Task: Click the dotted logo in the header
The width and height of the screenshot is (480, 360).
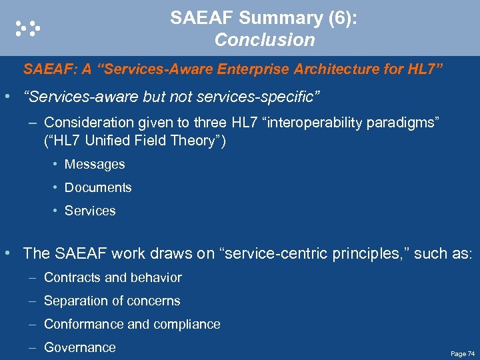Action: [28, 27]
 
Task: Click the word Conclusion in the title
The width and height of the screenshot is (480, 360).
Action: [265, 40]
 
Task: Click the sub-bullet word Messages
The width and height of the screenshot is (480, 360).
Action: [95, 164]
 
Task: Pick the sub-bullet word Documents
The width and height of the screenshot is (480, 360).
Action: [98, 187]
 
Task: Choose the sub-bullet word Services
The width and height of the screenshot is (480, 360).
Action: [90, 211]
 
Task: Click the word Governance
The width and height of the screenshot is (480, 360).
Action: [79, 347]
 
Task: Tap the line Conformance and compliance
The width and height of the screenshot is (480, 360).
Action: [132, 324]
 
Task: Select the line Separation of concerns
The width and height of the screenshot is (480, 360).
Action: [112, 301]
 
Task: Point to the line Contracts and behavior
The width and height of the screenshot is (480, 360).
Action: [113, 277]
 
